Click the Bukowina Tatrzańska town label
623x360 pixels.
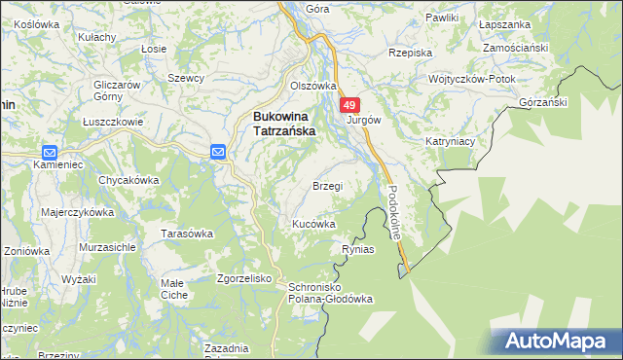[x=282, y=124]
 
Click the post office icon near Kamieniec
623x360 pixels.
[x=50, y=152]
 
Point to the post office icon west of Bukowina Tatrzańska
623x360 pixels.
[x=218, y=151]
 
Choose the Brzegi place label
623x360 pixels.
[x=327, y=186]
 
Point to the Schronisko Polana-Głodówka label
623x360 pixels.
[x=327, y=293]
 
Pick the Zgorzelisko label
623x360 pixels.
[x=243, y=277]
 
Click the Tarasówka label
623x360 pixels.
[x=186, y=234]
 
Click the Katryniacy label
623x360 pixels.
[x=449, y=141]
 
